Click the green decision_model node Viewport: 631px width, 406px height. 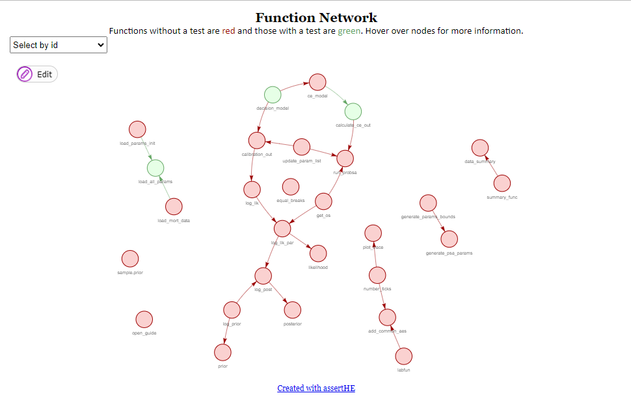point(273,95)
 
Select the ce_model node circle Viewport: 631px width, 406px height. point(317,82)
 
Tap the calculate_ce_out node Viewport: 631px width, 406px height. point(353,112)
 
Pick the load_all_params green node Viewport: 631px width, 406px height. point(155,168)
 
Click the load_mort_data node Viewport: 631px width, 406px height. point(174,207)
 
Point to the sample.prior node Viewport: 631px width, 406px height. point(130,259)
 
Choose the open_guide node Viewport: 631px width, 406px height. point(144,320)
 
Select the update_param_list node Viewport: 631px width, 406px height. point(301,147)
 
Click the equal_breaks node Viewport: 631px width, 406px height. point(290,187)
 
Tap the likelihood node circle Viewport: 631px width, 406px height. point(318,253)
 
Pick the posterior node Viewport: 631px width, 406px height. point(292,310)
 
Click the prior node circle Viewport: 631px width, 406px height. point(222,352)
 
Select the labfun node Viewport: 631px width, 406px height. point(403,356)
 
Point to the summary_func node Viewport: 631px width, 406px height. point(502,183)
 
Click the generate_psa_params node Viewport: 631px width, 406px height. point(449,239)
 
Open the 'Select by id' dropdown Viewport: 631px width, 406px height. point(59,45)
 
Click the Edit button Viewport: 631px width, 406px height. point(37,74)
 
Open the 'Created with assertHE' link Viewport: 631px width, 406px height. point(316,388)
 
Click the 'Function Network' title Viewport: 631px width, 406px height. point(316,18)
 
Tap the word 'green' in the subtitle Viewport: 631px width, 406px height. point(348,31)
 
